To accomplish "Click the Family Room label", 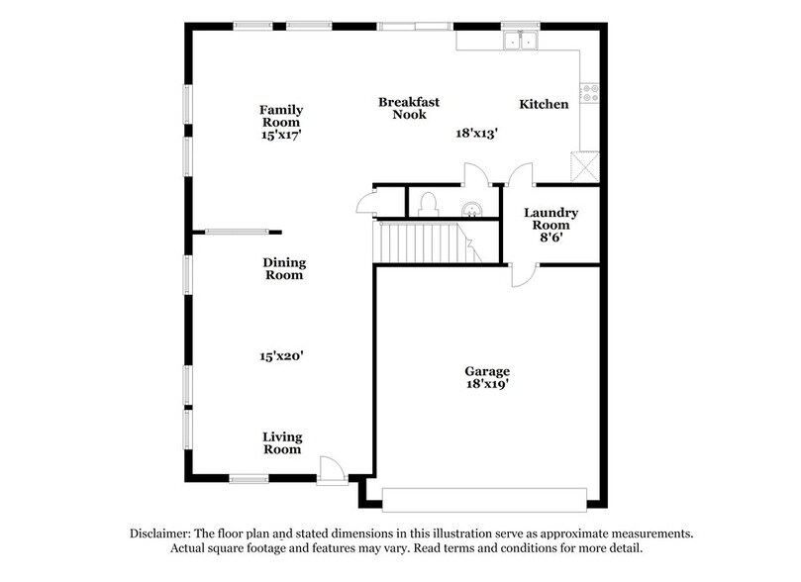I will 281,116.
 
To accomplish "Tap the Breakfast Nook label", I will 409,108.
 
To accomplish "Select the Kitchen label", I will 545,104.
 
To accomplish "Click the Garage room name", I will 487,371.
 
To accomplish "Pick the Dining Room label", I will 284,269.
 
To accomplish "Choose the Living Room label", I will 282,443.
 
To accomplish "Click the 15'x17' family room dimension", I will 281,137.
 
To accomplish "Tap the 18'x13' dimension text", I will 475,132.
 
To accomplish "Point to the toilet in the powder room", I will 428,203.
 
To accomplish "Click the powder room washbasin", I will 475,208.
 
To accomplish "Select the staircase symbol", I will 421,242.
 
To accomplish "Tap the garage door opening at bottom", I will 490,497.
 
